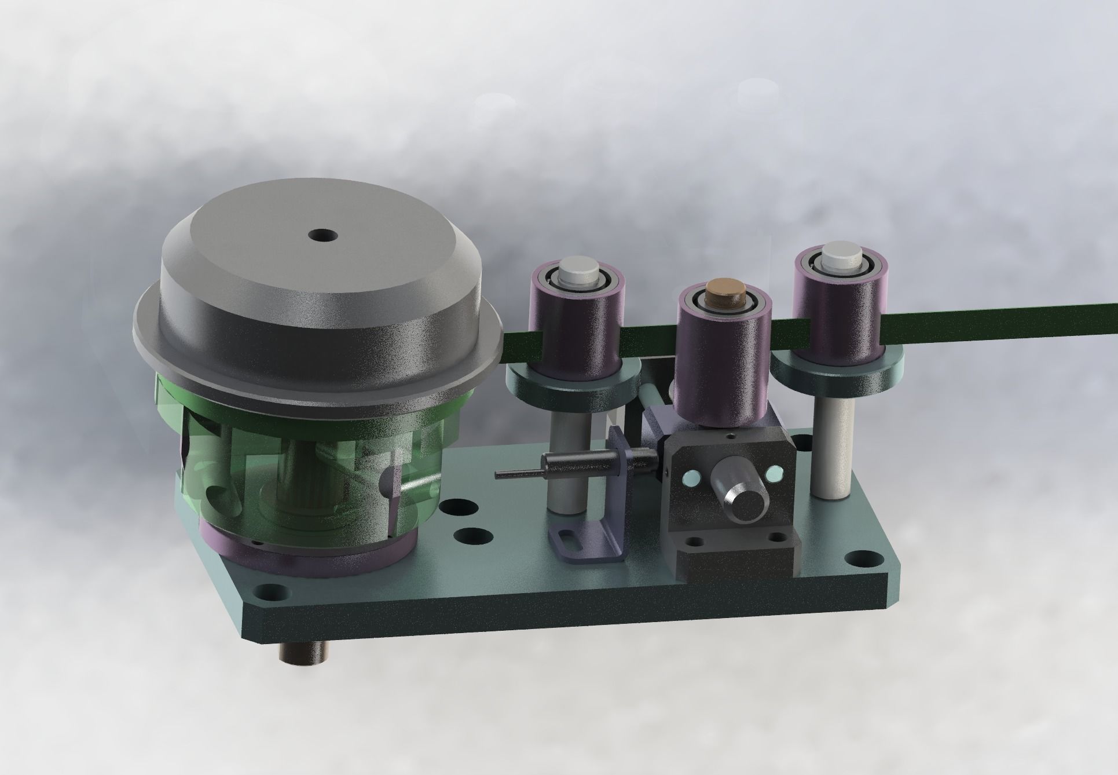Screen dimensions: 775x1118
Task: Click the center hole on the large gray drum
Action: [323, 235]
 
